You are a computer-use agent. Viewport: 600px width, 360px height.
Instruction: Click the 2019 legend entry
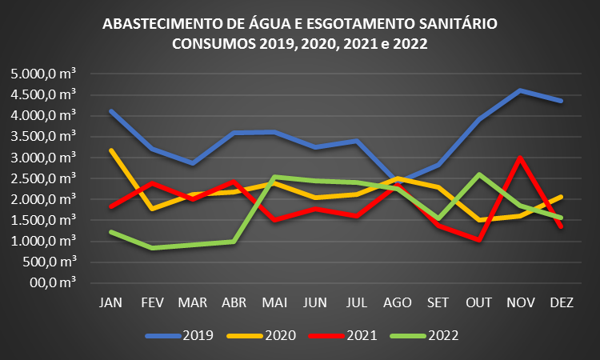tap(180, 336)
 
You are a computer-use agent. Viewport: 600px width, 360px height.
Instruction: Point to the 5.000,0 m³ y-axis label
tap(43, 74)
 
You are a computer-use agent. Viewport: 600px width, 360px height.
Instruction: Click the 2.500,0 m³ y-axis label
tap(43, 178)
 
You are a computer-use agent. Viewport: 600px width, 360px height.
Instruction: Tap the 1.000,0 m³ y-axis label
tap(43, 241)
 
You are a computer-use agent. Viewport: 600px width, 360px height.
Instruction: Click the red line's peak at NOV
tap(521, 158)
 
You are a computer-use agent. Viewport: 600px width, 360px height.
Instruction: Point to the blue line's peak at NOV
tap(521, 90)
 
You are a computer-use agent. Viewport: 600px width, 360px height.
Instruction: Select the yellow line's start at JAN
tap(110, 150)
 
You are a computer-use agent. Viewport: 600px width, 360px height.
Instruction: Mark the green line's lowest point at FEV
tap(151, 248)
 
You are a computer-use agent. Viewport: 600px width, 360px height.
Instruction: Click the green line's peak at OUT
tap(480, 174)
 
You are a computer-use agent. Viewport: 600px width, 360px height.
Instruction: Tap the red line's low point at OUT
tap(480, 240)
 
